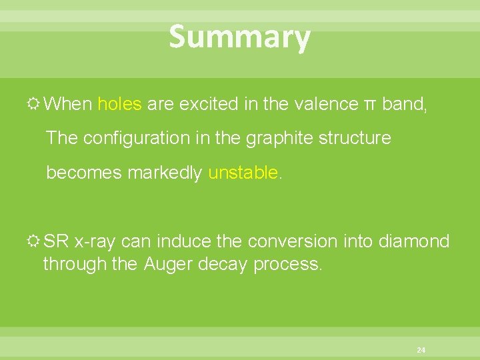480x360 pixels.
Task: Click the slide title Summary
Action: [x=239, y=37]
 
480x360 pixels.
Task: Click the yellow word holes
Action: [x=119, y=104]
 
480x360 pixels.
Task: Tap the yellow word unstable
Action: [x=243, y=173]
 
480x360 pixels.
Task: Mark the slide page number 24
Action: [x=421, y=349]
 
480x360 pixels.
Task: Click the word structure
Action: [x=355, y=138]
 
